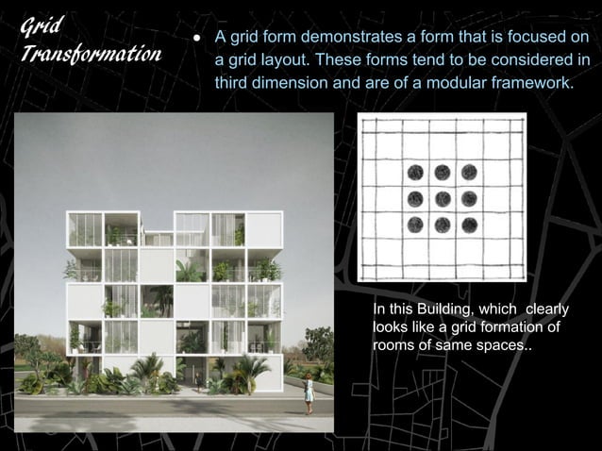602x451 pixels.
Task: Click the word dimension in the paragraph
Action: pos(303,82)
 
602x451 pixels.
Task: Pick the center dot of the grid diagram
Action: pos(442,199)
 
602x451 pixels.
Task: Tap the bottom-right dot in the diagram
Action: pos(469,225)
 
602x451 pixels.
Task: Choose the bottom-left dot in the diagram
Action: pos(414,225)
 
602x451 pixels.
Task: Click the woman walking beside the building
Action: pos(309,389)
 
